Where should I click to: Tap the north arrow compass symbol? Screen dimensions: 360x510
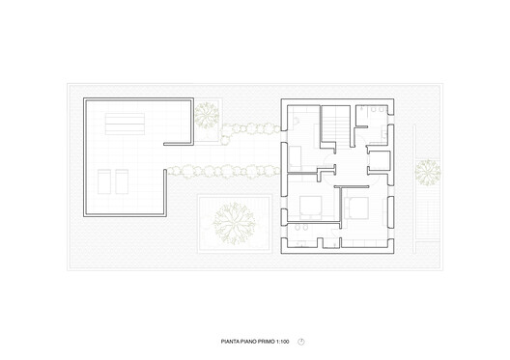(301, 341)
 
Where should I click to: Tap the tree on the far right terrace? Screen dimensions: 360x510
(427, 174)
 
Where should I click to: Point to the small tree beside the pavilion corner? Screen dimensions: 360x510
(206, 117)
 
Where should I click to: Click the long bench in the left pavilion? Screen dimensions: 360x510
(126, 123)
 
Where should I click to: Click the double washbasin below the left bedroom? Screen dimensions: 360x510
(301, 228)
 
